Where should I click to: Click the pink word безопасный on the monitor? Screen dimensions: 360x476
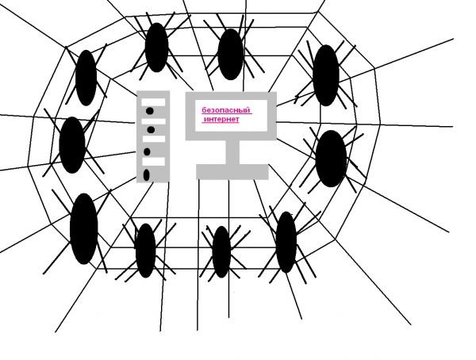point(221,110)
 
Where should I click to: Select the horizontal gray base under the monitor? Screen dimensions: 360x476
point(232,171)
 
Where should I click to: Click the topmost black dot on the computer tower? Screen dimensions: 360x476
point(149,112)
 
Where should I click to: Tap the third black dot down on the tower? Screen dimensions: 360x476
point(148,151)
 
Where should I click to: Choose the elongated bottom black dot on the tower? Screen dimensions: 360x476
point(147,174)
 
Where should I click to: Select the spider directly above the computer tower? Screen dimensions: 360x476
point(156,46)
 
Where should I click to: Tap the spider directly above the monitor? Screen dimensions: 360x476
point(230,54)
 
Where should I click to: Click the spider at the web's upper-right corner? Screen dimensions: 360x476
point(326,74)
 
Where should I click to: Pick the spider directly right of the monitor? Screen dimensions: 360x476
point(331,158)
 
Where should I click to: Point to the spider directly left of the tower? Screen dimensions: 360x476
point(71,144)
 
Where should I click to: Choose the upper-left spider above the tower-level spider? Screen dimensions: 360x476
point(86,77)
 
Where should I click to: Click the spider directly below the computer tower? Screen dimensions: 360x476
point(145,249)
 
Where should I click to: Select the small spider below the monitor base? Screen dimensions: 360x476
point(221,251)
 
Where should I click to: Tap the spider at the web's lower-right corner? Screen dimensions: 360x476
point(286,241)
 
